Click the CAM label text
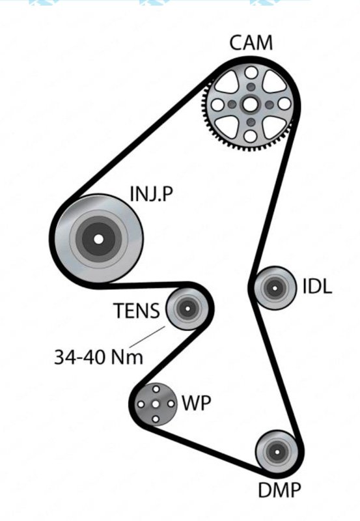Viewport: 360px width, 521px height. tap(251, 44)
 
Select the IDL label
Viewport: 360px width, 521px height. tap(317, 287)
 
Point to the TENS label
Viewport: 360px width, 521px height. tap(137, 311)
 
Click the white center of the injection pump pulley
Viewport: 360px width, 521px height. tap(98, 238)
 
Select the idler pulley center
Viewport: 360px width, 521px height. tap(273, 287)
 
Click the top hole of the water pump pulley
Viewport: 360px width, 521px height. tap(156, 389)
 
